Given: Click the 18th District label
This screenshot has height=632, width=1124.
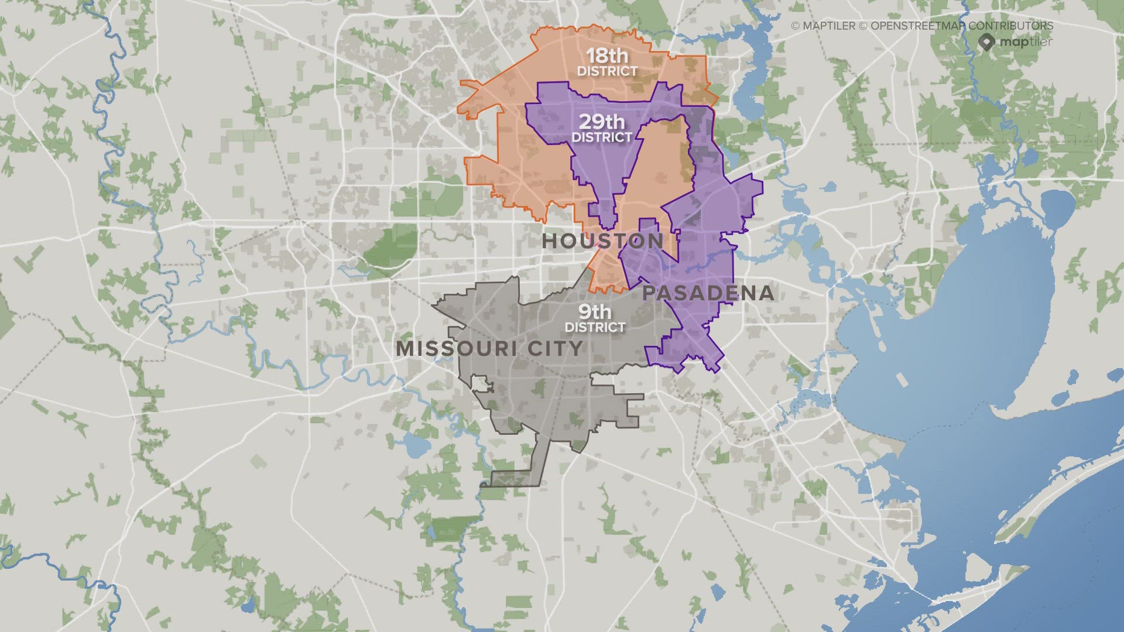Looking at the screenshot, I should [x=607, y=63].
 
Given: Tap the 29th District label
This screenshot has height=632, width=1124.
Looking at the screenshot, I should [x=602, y=129].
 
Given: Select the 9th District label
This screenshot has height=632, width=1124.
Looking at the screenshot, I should [x=595, y=319].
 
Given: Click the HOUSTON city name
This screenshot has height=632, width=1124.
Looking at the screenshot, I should [x=603, y=241].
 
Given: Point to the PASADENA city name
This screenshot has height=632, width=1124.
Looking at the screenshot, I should [x=708, y=293].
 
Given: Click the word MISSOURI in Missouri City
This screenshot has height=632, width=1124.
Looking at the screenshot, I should [x=457, y=349].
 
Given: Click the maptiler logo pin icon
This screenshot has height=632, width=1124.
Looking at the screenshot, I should [x=986, y=42].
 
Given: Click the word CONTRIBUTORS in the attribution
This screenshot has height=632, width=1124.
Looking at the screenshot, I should [x=1010, y=26].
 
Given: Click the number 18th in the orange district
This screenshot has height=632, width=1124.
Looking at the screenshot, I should [x=607, y=56].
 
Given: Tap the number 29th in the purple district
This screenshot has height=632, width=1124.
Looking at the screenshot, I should [x=602, y=122].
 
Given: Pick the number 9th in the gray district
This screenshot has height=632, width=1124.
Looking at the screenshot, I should [x=595, y=312].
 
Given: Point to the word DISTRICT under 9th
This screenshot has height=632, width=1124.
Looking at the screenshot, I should [x=595, y=327].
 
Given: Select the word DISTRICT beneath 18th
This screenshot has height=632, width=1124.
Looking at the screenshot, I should [x=607, y=71].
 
